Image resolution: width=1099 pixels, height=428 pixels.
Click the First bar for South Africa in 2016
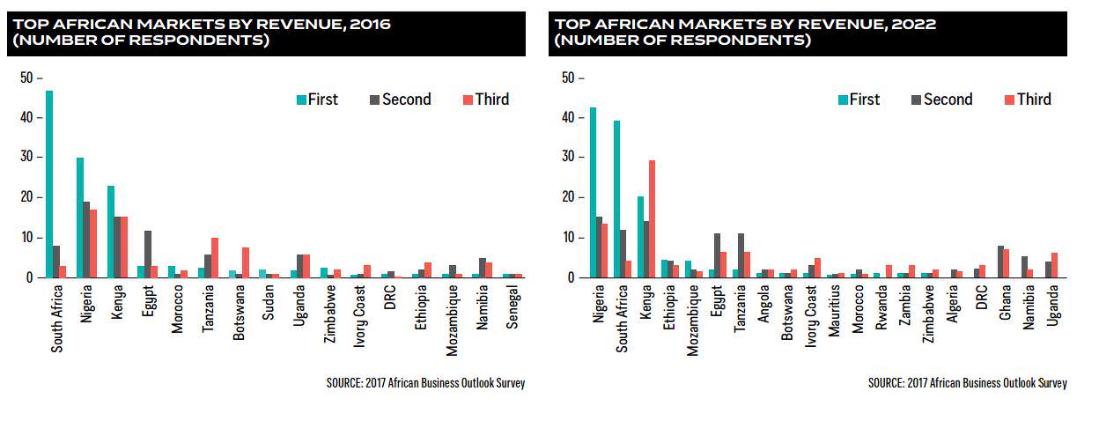point(49,184)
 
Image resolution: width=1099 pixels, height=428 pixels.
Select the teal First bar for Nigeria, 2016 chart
point(80,218)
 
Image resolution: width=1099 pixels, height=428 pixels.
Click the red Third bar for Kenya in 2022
point(652,218)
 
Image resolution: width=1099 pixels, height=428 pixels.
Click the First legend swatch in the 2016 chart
point(301,100)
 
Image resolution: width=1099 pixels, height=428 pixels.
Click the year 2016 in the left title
point(370,24)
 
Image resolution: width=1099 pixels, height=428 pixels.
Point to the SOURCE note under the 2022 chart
point(968,383)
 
